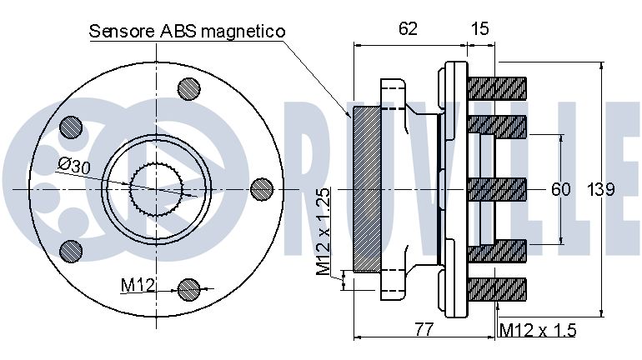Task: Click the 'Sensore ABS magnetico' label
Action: (x=187, y=31)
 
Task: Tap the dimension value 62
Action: (x=409, y=28)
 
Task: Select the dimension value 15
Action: (x=480, y=28)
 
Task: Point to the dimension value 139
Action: (x=601, y=189)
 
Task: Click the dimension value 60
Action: (x=561, y=189)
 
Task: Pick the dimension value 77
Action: (x=424, y=329)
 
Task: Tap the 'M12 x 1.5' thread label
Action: (x=538, y=330)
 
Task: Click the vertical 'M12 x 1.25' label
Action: (x=324, y=232)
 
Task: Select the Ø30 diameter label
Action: (x=73, y=166)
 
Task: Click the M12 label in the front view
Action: (x=138, y=285)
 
